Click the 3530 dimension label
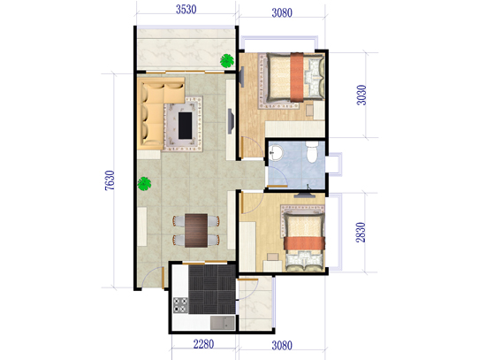pyautogui.click(x=186, y=10)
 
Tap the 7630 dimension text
pyautogui.click(x=110, y=180)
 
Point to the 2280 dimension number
pyautogui.click(x=203, y=344)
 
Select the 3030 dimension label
pyautogui.click(x=361, y=96)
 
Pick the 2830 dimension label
pyautogui.click(x=361, y=233)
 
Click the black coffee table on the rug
pyautogui.click(x=185, y=126)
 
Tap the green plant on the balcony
pyautogui.click(x=227, y=60)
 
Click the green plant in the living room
pyautogui.click(x=144, y=184)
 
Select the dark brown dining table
pyautogui.click(x=196, y=230)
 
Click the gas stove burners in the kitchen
pyautogui.click(x=180, y=305)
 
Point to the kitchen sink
pyautogui.click(x=223, y=323)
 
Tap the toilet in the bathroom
pyautogui.click(x=312, y=152)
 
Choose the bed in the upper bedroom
pyautogui.click(x=295, y=77)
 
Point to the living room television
pyautogui.click(x=231, y=121)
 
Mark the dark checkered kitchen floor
pyautogui.click(x=212, y=289)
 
